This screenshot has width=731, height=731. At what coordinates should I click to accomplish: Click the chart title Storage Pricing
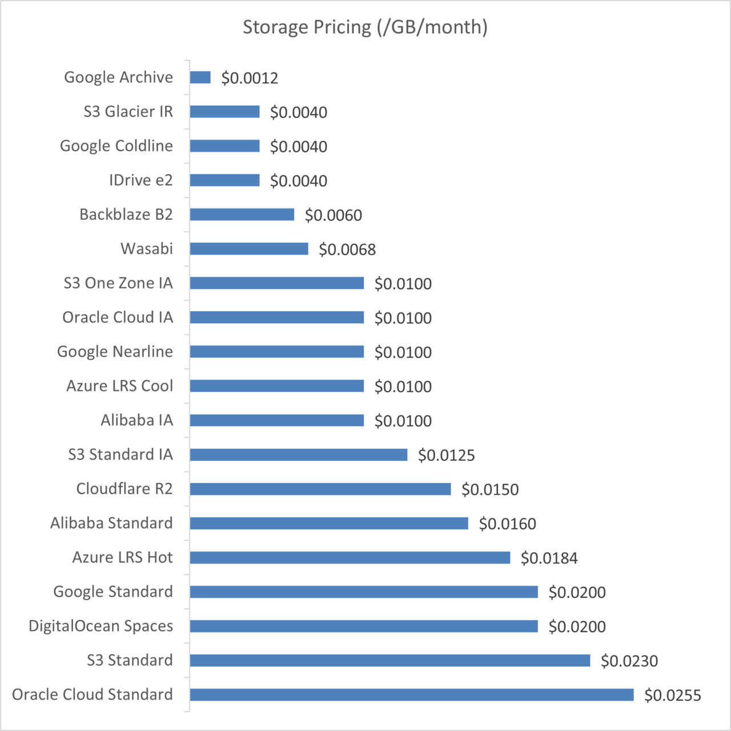click(365, 27)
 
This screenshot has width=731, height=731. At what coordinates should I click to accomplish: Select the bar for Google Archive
click(200, 77)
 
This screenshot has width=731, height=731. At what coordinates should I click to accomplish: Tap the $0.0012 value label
click(250, 78)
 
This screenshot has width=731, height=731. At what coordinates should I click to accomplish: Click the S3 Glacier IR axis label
click(128, 111)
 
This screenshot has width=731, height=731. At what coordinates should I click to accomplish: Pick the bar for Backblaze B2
click(242, 214)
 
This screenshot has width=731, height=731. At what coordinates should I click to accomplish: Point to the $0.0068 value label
click(347, 250)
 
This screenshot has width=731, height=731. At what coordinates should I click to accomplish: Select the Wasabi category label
click(146, 248)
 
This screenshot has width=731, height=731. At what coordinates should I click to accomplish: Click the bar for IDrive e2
click(224, 180)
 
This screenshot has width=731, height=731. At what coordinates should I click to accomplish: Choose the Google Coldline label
click(116, 146)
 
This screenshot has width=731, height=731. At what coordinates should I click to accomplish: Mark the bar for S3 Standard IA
click(298, 454)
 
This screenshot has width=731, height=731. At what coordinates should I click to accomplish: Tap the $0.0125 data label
click(446, 455)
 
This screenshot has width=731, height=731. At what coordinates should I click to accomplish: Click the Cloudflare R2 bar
click(320, 488)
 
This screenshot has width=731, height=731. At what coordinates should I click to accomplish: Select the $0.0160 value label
click(507, 524)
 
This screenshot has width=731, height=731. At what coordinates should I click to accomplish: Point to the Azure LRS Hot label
click(122, 557)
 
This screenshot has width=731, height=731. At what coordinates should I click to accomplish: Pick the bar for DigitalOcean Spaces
click(363, 626)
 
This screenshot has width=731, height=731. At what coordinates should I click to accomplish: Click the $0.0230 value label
click(629, 661)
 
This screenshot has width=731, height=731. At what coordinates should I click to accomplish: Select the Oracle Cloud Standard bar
click(411, 694)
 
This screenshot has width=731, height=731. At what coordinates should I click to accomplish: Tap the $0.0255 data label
click(672, 695)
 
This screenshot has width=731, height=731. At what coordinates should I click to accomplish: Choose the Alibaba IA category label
click(136, 420)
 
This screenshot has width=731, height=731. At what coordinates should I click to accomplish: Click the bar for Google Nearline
click(276, 351)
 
